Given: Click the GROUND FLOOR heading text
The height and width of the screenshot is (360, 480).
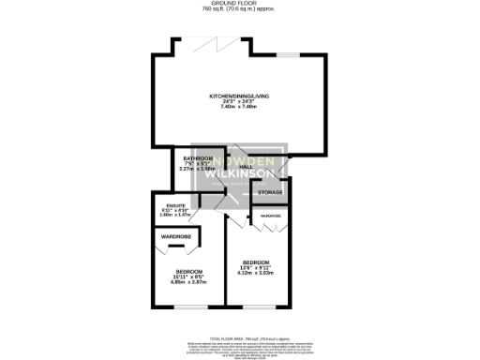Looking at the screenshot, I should point(240,4).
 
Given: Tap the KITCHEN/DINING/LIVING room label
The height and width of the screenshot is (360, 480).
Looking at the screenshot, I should point(238,97).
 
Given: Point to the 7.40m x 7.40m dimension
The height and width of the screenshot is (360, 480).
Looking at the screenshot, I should point(238,107).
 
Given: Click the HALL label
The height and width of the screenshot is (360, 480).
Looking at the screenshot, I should point(247,167).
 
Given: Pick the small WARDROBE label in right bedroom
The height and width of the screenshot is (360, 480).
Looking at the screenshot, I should point(272,217).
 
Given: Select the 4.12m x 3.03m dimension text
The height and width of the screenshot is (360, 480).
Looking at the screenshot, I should point(256,273).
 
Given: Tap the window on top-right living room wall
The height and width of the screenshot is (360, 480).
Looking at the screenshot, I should point(287,54).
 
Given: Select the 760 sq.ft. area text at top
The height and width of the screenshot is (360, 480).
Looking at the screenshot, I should point(240,9).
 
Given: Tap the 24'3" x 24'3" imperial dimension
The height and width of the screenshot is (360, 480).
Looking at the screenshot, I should point(238,102).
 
